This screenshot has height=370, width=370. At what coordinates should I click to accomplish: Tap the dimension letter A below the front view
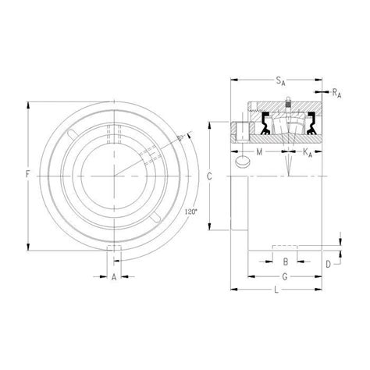coord(115,276)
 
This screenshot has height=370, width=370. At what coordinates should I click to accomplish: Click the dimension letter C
coord(208,176)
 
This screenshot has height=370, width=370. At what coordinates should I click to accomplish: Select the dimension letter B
coord(286,261)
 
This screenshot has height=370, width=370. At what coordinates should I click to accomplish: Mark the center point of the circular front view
coord(115,175)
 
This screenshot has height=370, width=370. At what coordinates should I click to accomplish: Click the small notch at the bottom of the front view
coord(115,249)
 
